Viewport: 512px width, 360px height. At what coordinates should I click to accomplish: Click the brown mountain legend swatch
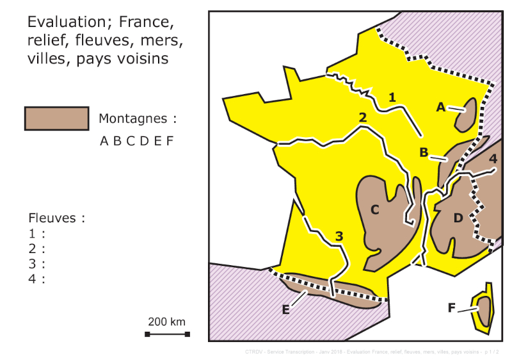click(x=56, y=119)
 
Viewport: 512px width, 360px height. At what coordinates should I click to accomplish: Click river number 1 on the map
click(x=392, y=97)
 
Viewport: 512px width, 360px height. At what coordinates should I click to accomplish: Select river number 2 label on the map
click(x=362, y=117)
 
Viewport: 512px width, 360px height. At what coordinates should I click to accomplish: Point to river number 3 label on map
click(x=339, y=236)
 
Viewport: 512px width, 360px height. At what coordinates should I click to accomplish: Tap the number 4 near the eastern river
click(x=492, y=158)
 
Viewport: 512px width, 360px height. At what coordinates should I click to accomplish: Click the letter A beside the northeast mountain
click(x=440, y=107)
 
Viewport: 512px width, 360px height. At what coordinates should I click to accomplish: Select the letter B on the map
click(x=424, y=152)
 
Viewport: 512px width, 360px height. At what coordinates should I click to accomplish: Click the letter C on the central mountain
click(x=375, y=209)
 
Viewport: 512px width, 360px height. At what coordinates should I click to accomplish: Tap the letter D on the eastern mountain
click(x=458, y=218)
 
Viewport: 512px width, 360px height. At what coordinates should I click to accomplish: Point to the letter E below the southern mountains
click(x=286, y=309)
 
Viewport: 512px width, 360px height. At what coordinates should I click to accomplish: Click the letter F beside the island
click(x=451, y=308)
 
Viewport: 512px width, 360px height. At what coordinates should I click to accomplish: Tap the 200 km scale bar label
click(x=166, y=322)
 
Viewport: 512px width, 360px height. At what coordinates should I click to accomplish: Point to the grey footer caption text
click(x=371, y=352)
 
